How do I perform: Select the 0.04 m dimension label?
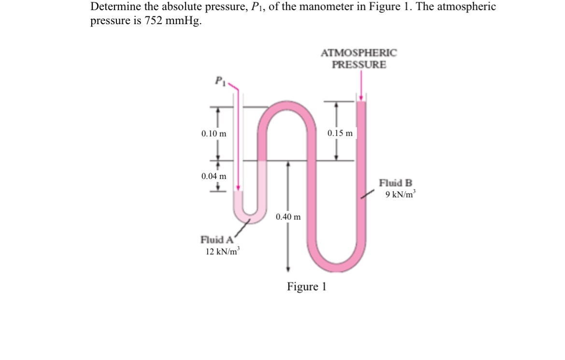click(213, 176)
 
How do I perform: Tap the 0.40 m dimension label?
click(288, 217)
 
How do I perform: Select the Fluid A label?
click(217, 239)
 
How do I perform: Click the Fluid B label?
click(395, 183)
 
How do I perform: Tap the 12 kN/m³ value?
click(223, 251)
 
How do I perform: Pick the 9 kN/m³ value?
click(400, 195)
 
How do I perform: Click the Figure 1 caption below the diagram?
click(307, 287)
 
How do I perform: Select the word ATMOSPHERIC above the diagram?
click(358, 53)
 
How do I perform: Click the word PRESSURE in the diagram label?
click(359, 65)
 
